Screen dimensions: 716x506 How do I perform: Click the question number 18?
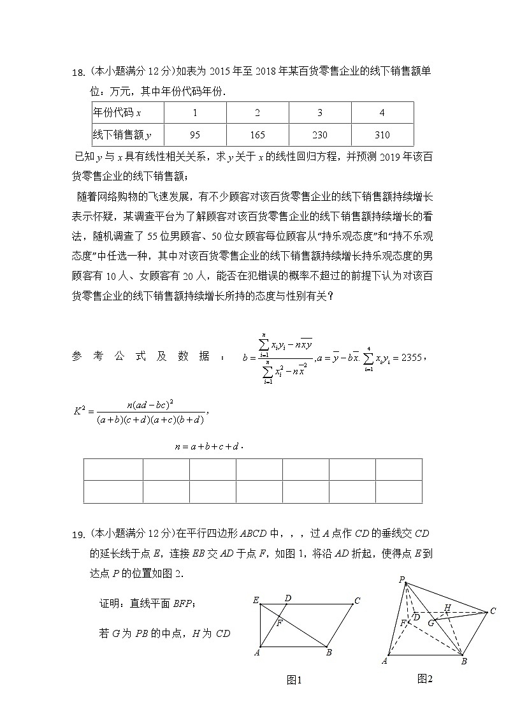click(78, 73)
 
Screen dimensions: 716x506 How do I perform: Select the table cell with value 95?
click(195, 135)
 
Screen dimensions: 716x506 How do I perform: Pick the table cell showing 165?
click(257, 135)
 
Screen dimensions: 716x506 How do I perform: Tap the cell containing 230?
click(319, 135)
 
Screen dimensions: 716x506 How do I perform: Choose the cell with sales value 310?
click(382, 135)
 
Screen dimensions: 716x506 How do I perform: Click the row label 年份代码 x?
click(117, 113)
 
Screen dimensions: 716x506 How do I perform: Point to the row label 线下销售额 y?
click(122, 135)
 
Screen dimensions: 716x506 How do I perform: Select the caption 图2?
click(425, 678)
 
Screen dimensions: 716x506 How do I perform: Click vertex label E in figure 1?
click(256, 600)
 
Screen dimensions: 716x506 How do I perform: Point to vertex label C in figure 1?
click(358, 600)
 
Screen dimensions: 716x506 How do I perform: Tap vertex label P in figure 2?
click(401, 580)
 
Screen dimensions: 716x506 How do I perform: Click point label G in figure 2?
click(431, 622)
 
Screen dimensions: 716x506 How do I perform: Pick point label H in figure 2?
click(448, 607)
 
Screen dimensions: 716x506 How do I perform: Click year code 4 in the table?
click(382, 113)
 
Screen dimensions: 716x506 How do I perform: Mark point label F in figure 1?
click(279, 623)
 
